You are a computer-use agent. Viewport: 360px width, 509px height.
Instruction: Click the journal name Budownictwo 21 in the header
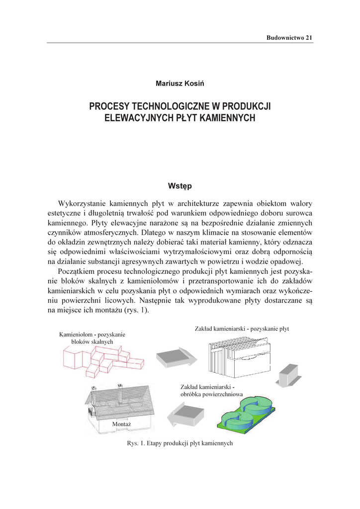pyautogui.click(x=289, y=38)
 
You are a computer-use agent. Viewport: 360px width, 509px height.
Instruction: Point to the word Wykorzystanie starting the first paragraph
pyautogui.click(x=83, y=203)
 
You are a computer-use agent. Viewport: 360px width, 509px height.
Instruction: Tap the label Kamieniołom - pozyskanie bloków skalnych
pyautogui.click(x=92, y=338)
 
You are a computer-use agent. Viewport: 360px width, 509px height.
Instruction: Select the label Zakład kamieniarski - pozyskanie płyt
pyautogui.click(x=242, y=329)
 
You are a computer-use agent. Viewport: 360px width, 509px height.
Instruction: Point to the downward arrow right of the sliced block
pyautogui.click(x=287, y=374)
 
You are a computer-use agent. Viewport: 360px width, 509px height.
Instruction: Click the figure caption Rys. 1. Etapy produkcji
pyautogui.click(x=180, y=443)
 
